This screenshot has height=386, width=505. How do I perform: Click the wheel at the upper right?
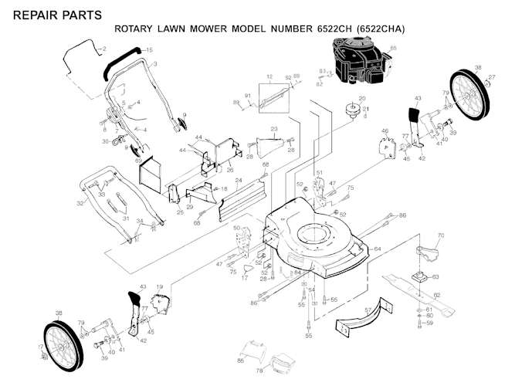tap(469, 93)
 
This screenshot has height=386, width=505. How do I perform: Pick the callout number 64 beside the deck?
tap(378, 249)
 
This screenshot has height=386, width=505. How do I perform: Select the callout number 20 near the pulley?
tap(361, 98)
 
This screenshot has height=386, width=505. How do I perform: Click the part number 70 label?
tap(441, 234)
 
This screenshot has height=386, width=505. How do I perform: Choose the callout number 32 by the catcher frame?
tap(80, 204)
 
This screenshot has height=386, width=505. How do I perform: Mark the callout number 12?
tap(269, 76)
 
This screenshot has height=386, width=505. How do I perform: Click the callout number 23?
tap(273, 128)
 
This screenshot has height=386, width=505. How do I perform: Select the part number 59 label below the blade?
tap(430, 323)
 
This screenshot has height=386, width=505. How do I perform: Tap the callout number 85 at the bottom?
tap(240, 361)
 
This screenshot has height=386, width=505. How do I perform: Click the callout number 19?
tap(160, 286)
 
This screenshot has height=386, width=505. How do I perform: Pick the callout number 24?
tap(239, 181)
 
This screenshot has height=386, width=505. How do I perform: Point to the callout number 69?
tap(138, 161)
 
